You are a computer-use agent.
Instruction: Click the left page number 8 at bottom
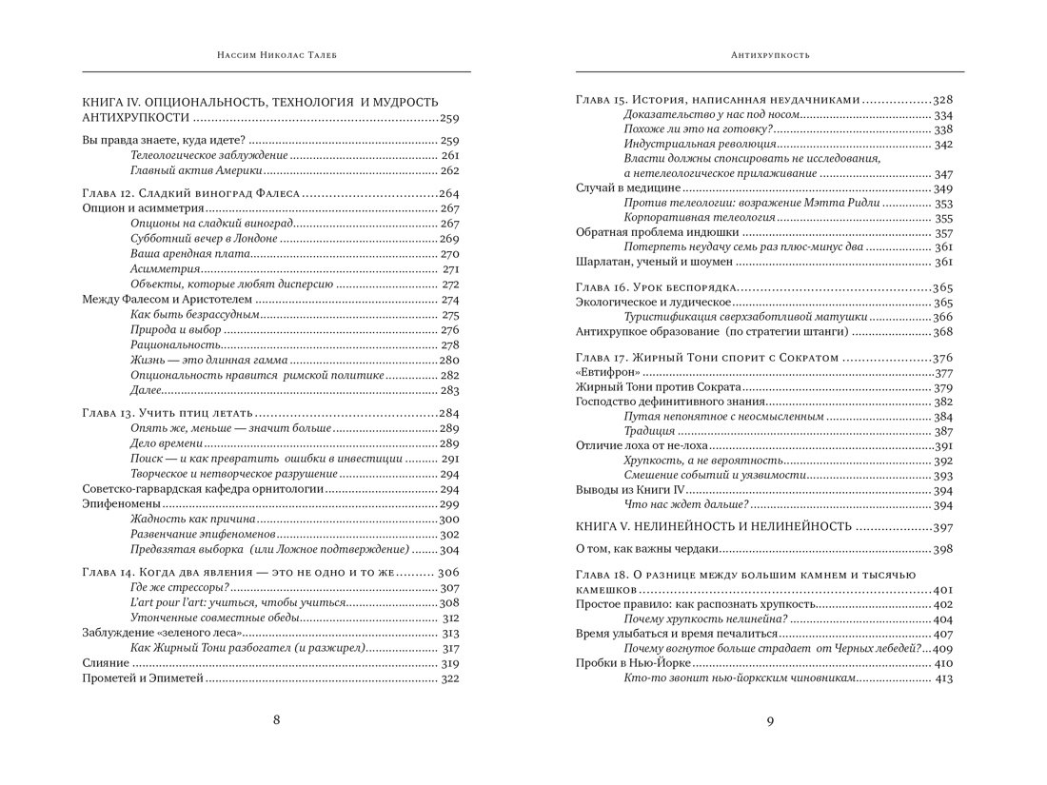coord(276,720)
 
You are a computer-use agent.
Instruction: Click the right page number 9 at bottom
coord(770,720)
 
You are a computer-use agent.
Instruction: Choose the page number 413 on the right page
coord(942,678)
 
